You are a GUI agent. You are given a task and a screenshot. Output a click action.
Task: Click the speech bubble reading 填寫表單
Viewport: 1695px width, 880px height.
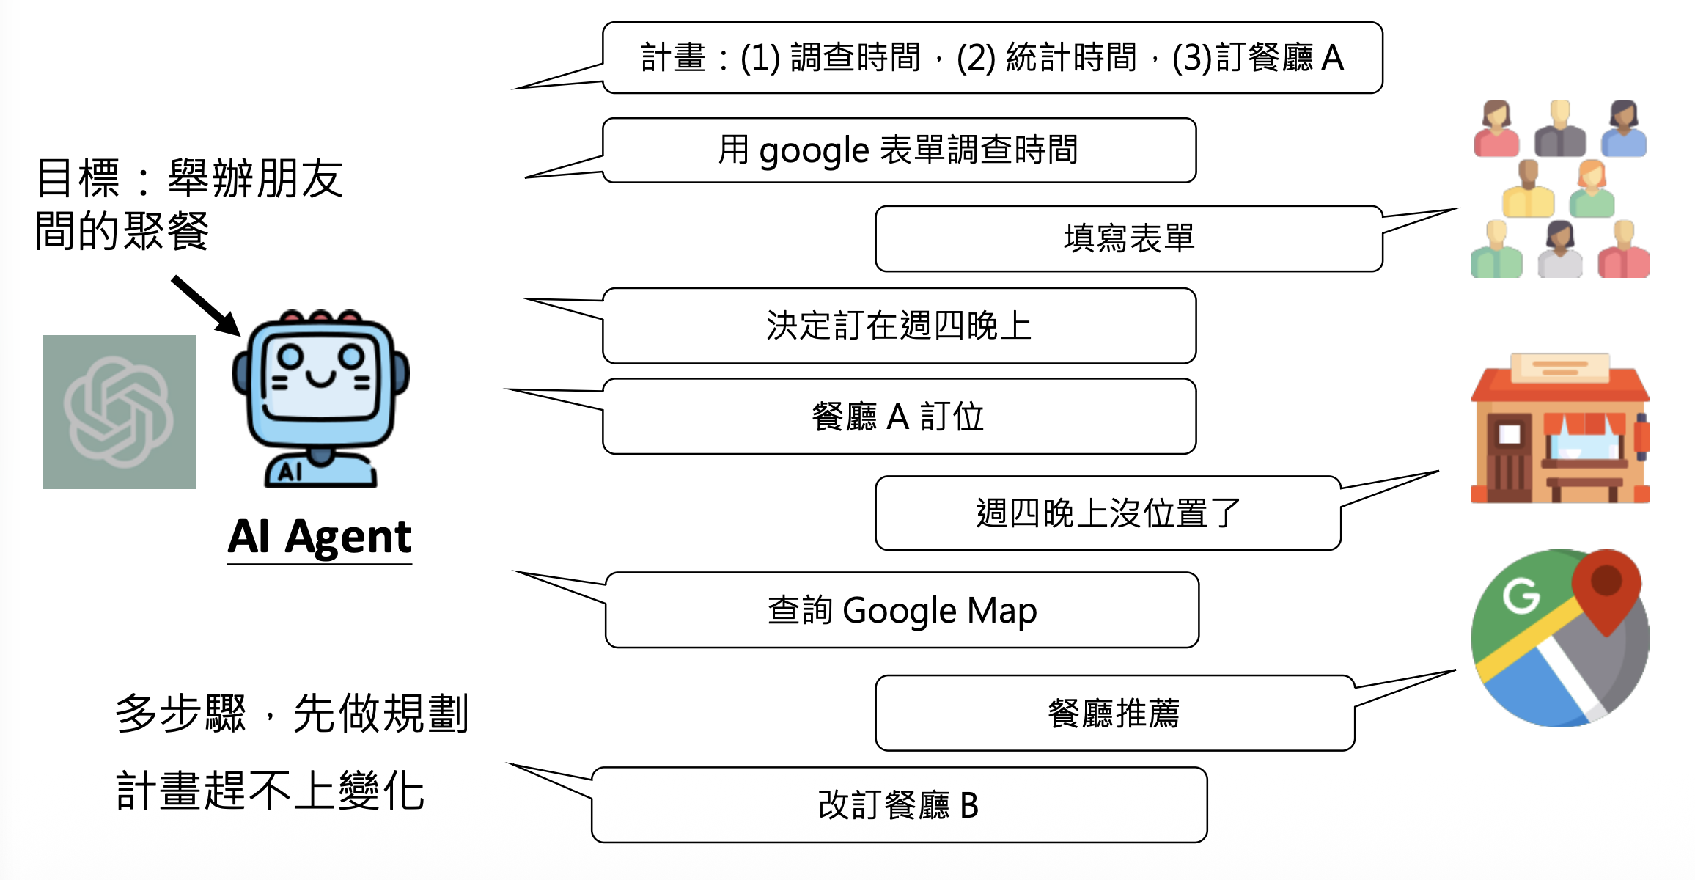(x=1129, y=239)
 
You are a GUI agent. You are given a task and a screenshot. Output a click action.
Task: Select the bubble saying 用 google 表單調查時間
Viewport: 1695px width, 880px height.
(x=899, y=150)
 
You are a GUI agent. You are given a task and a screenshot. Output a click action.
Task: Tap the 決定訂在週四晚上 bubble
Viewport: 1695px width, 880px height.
(x=899, y=326)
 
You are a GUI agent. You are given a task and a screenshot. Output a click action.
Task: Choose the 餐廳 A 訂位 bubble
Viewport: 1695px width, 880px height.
(x=899, y=417)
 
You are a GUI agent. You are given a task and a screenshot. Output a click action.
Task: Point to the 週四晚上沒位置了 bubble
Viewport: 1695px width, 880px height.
(x=1108, y=513)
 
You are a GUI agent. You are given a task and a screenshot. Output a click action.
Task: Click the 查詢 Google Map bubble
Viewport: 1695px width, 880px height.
(x=902, y=610)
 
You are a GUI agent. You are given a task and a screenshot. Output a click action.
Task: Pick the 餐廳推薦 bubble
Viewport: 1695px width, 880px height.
(x=1114, y=713)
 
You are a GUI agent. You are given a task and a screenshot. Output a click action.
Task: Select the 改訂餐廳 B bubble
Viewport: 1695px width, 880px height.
(x=899, y=805)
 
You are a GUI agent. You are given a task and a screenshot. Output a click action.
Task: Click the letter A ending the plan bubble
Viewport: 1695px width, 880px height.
(x=1332, y=58)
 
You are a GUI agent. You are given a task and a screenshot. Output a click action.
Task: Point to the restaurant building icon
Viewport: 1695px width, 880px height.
(x=1559, y=430)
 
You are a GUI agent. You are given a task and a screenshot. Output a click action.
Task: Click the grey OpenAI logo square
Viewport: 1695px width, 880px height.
(x=119, y=412)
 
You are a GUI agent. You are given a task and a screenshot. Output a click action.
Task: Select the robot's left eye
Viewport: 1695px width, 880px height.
(x=290, y=356)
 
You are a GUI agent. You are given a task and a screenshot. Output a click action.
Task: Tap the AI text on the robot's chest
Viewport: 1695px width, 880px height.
(x=290, y=472)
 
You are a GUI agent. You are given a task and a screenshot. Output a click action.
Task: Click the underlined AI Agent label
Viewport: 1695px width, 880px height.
(x=320, y=538)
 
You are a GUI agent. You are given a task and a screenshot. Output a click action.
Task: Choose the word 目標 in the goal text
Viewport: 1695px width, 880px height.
(x=78, y=178)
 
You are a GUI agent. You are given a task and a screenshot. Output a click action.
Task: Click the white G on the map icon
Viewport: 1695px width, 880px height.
(x=1521, y=595)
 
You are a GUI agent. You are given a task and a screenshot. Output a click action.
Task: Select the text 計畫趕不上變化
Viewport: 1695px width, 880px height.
(x=270, y=791)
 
